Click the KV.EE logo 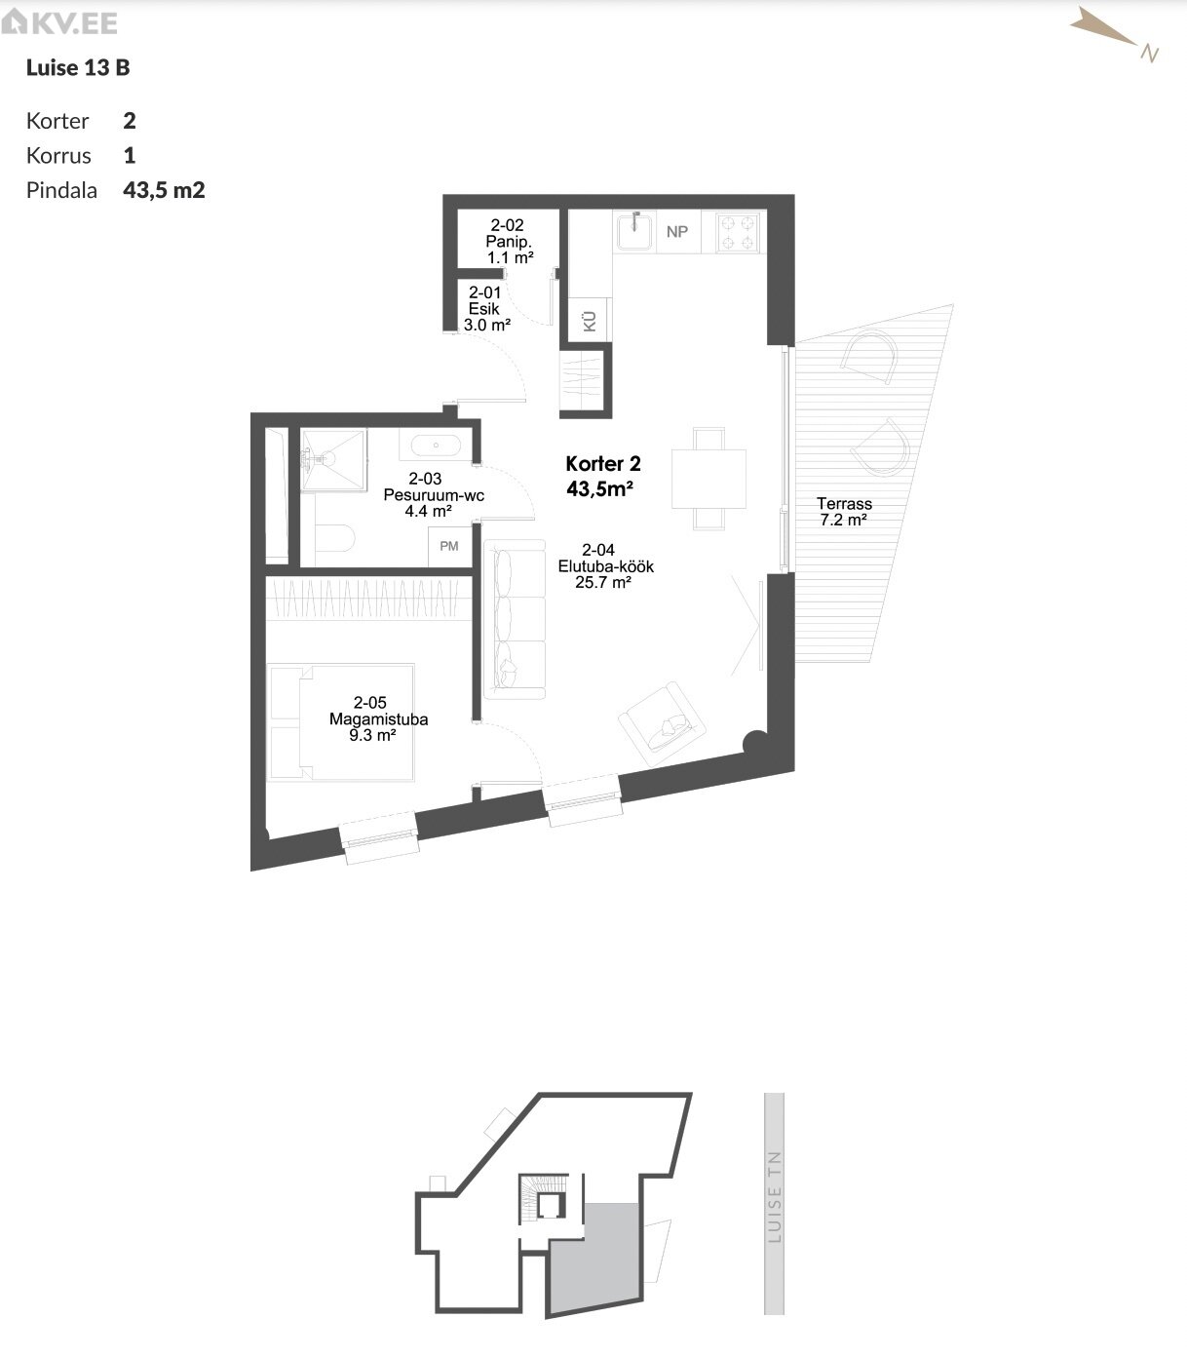pos(59,22)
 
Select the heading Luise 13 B pos(78,67)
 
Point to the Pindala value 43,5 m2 pos(164,190)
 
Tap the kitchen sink pos(634,230)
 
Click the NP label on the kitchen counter pos(677,231)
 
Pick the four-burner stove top pos(738,231)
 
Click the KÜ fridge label pos(590,322)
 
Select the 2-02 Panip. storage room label pos(510,242)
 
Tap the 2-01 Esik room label pos(486,308)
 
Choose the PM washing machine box pos(449,547)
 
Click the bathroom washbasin pos(436,446)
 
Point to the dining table pos(708,479)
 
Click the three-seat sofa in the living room pos(515,619)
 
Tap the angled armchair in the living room pos(662,724)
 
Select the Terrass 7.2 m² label pos(844,512)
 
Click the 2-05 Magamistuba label pos(378,719)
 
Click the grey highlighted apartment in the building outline pos(594,1256)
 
